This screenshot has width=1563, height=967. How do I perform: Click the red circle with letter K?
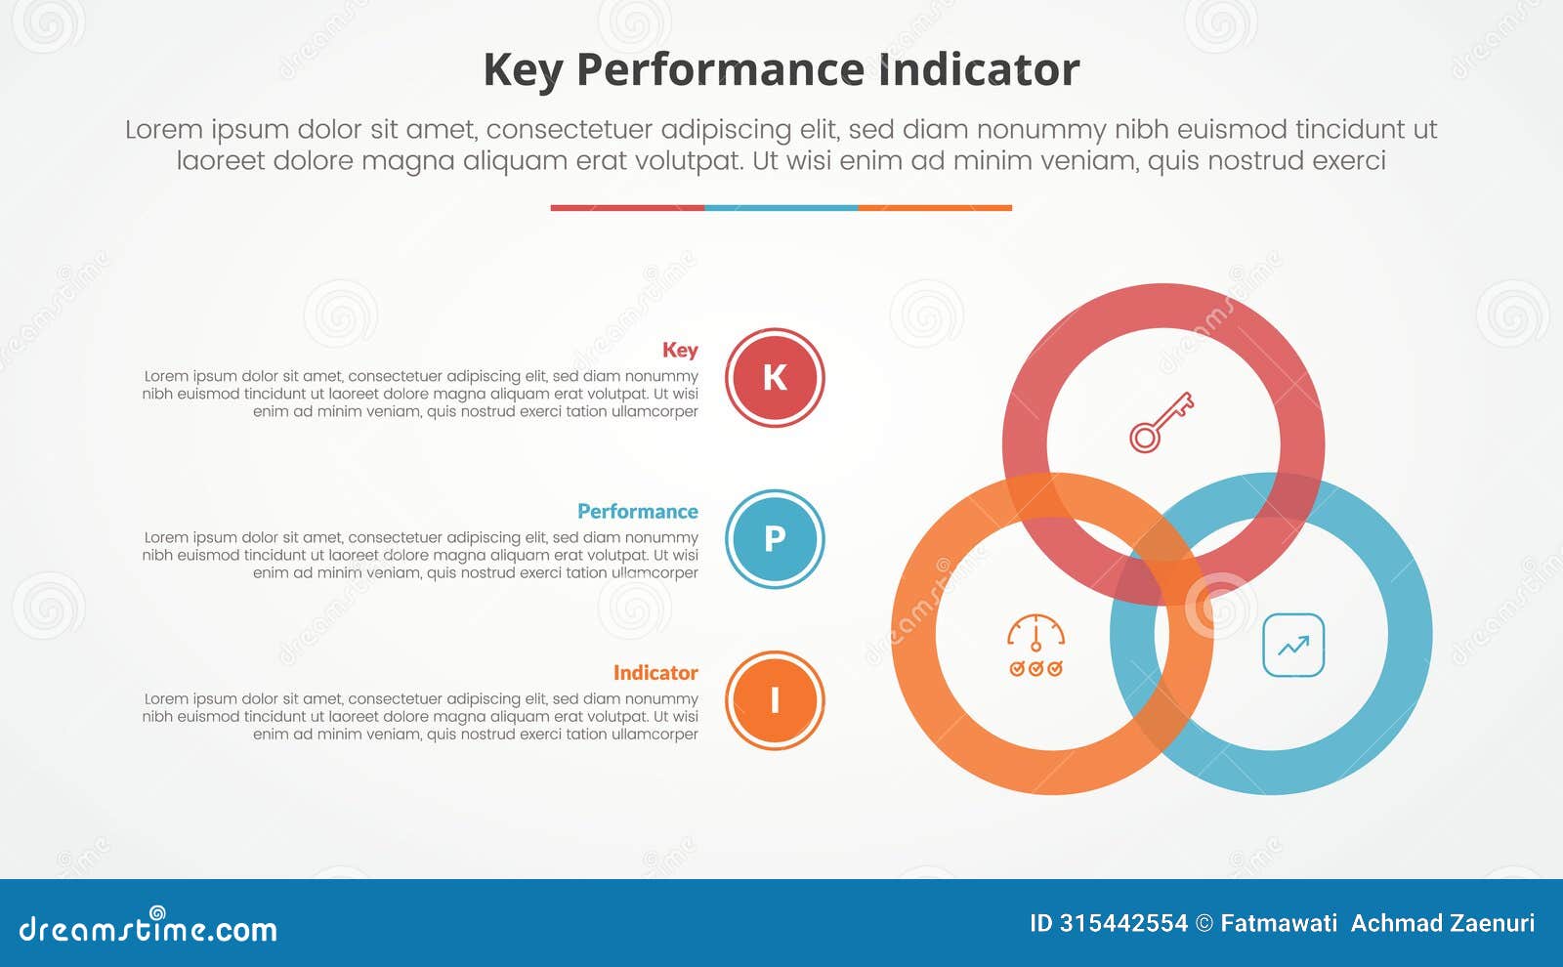tap(775, 377)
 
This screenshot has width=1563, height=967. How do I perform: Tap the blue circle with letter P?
tap(775, 538)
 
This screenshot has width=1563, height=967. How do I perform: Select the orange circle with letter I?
tap(775, 699)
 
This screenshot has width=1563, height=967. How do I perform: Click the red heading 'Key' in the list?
tap(680, 350)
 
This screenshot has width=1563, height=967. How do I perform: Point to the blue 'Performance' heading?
tap(637, 511)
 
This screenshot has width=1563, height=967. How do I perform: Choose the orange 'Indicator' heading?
tap(655, 672)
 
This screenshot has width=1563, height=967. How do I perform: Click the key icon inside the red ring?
tap(1162, 422)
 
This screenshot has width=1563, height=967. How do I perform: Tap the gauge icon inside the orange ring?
tap(1035, 645)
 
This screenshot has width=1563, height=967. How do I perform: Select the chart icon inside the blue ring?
tap(1293, 645)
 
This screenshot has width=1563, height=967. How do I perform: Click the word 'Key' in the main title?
tap(523, 70)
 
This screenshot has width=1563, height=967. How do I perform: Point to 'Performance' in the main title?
tap(719, 70)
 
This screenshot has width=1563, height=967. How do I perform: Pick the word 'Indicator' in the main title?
tap(979, 70)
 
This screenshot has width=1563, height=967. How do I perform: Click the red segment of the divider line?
tap(627, 208)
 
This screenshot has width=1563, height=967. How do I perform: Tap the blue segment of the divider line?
tap(781, 208)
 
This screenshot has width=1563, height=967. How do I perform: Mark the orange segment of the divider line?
tap(935, 208)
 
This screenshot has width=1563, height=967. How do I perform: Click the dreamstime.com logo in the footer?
tap(148, 927)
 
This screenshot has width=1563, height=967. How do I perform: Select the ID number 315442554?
tap(1123, 923)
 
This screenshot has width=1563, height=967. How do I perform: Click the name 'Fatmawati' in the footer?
tap(1279, 923)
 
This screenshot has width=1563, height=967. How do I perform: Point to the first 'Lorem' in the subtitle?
tap(163, 129)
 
